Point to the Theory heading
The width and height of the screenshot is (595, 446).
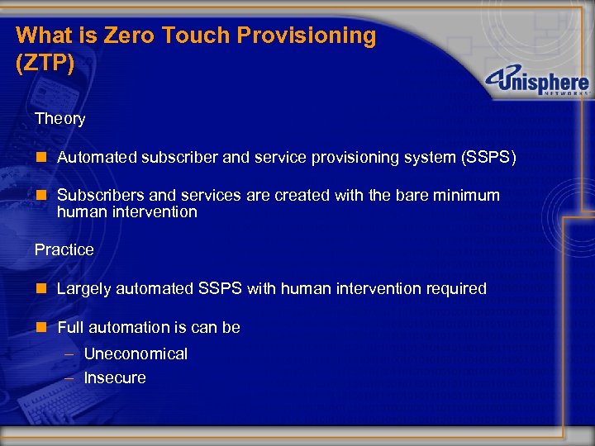tap(59, 119)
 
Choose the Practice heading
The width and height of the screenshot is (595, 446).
tap(64, 249)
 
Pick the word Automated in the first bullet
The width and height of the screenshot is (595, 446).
tap(94, 157)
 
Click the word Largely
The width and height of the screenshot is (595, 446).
tap(84, 289)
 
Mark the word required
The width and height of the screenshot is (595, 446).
tap(455, 289)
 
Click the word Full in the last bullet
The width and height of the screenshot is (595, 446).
tap(71, 328)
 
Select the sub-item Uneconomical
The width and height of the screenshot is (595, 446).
tap(136, 354)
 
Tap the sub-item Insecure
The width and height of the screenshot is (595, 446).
tap(115, 378)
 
